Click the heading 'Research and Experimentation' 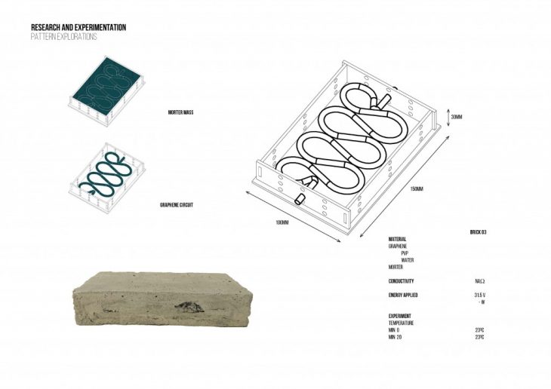78,27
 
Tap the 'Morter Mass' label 181,112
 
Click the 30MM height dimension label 456,117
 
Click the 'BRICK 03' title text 478,232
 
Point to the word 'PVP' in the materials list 405,253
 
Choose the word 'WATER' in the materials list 407,260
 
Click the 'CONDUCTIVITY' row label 402,280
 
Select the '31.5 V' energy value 479,295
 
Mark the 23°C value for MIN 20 479,336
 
